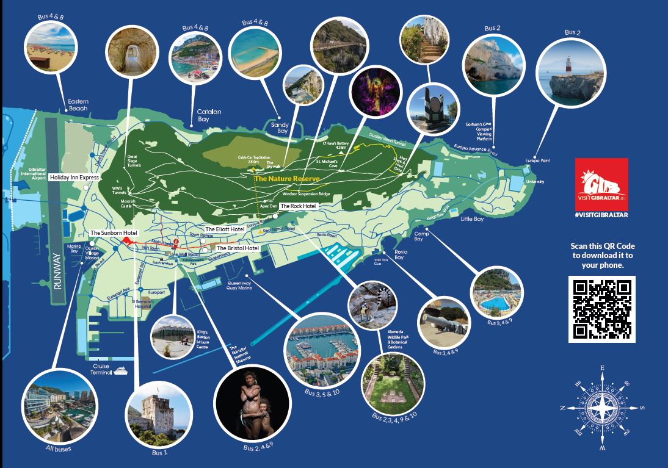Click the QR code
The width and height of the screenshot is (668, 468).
tap(601, 309)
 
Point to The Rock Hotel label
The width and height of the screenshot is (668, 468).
tap(298, 206)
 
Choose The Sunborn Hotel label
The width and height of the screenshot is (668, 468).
tap(114, 233)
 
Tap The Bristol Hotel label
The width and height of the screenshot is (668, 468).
tap(238, 248)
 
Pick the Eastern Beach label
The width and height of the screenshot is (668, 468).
tap(78, 104)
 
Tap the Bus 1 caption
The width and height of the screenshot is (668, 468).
tap(159, 452)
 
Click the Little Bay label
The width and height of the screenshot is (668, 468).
tap(472, 218)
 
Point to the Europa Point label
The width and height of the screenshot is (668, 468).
tap(537, 161)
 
